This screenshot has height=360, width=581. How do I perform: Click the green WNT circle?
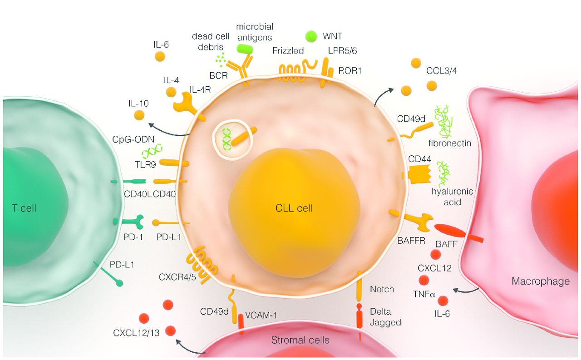click(311, 36)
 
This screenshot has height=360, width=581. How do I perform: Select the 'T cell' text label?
click(24, 208)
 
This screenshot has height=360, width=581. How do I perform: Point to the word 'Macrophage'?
click(541, 281)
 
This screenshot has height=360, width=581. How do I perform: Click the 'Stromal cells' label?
click(300, 340)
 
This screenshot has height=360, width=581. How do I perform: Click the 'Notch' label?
click(382, 289)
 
